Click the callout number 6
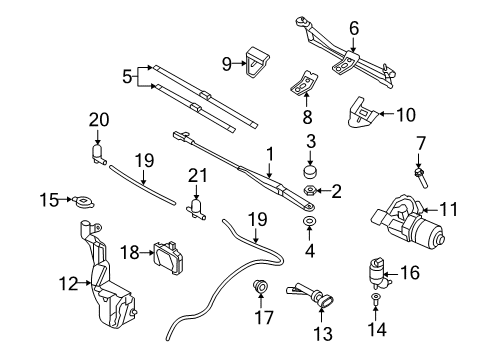point(353,28)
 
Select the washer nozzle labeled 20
point(98,152)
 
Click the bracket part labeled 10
point(362,113)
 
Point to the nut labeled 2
point(311,189)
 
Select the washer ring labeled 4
point(311,219)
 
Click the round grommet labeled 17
point(263,289)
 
